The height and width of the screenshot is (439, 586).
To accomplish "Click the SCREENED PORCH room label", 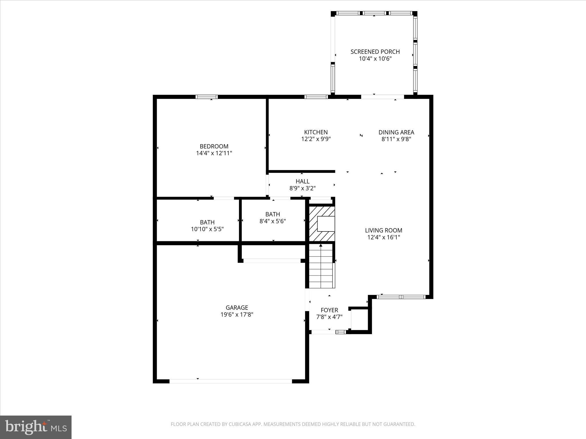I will [x=375, y=52].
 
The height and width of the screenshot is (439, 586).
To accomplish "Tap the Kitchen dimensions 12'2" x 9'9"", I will [x=316, y=139].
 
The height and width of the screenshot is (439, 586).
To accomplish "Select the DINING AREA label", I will [x=396, y=132].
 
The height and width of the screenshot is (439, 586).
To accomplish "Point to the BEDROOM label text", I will [x=214, y=146].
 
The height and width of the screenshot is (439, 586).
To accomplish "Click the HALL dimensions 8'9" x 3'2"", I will [x=302, y=188].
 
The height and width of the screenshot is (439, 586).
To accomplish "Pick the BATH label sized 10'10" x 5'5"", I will [x=207, y=222].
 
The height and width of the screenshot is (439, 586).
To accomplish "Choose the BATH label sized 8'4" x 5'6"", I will [x=272, y=214].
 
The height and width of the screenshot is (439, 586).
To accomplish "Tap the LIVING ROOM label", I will [x=383, y=230].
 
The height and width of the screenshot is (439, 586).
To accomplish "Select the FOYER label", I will [x=329, y=310].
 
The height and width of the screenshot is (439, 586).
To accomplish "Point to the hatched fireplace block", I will [x=322, y=224].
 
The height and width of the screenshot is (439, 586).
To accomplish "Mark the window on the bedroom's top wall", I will [x=207, y=97].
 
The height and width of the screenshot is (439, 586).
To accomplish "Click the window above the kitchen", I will [x=316, y=97].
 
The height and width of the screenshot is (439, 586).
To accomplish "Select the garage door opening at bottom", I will [x=231, y=381].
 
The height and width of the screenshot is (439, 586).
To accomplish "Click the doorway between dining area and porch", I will [x=382, y=97].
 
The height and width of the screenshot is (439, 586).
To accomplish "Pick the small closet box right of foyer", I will [x=359, y=320].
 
